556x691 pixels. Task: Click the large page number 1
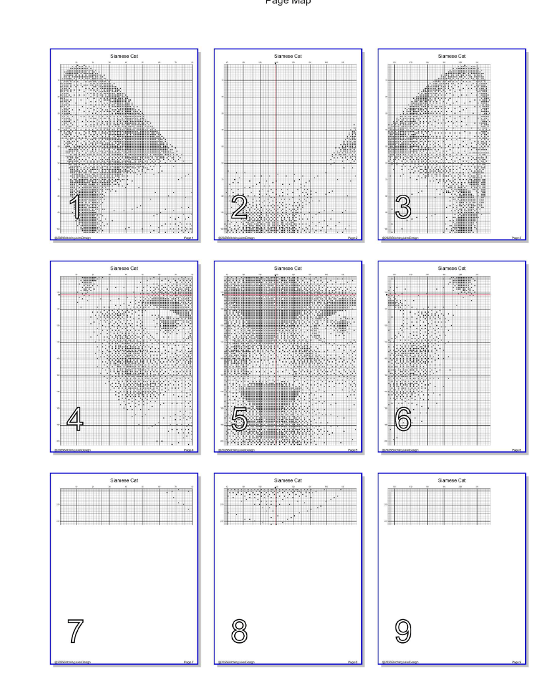pyautogui.click(x=75, y=207)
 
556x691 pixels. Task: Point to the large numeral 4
pyautogui.click(x=75, y=419)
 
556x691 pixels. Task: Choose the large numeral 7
pyautogui.click(x=75, y=632)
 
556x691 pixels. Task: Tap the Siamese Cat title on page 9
pyautogui.click(x=451, y=481)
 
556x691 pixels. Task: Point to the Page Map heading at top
pyautogui.click(x=278, y=3)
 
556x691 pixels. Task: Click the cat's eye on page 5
pyautogui.click(x=343, y=322)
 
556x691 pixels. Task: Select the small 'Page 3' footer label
pyautogui.click(x=517, y=237)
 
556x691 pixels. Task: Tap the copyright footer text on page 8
pyautogui.click(x=236, y=662)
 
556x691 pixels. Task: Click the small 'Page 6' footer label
pyautogui.click(x=517, y=450)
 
